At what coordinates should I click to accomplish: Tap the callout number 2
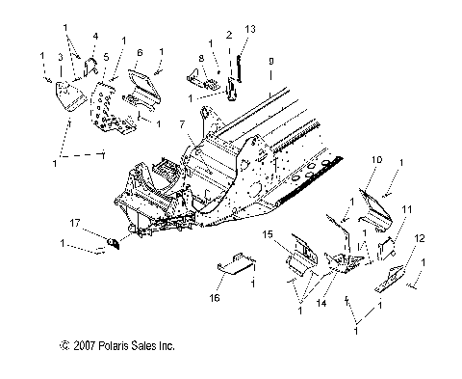click(x=228, y=34)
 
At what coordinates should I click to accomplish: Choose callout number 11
click(x=407, y=209)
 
